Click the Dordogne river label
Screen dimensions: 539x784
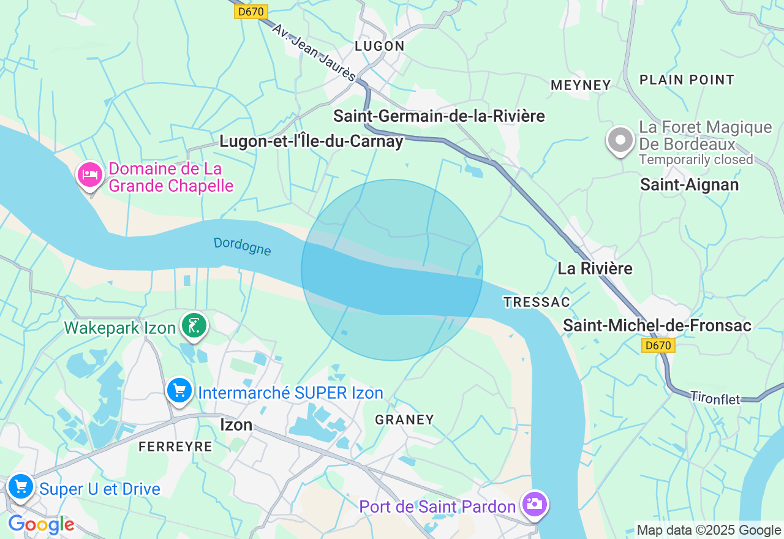point(243,246)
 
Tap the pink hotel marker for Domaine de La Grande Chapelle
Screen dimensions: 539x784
point(90,175)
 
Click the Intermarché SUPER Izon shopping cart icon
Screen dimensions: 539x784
point(179,390)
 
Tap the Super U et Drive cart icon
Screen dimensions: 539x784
point(21,487)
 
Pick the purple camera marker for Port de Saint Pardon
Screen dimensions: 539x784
point(535,504)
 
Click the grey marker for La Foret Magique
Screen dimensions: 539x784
point(620,140)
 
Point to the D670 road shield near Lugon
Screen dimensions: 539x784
point(251,11)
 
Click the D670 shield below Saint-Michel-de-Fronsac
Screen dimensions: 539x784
point(658,345)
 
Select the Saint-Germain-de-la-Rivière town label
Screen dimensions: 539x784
point(439,115)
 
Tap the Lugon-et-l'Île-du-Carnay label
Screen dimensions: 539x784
point(311,141)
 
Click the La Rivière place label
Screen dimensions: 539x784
point(595,268)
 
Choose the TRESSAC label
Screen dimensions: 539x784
point(537,302)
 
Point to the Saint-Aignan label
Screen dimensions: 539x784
point(689,184)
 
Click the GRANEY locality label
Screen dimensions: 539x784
point(404,420)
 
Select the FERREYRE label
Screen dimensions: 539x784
point(175,447)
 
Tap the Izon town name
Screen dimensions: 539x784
point(236,424)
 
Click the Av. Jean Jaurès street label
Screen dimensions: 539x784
point(314,53)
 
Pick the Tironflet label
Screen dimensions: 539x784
point(715,398)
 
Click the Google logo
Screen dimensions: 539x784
point(41,525)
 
